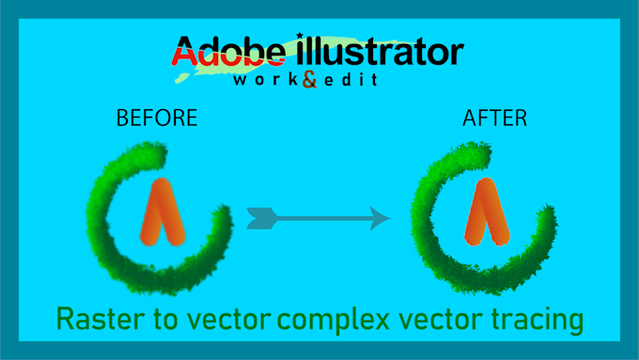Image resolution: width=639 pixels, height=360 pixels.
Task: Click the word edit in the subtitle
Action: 348,81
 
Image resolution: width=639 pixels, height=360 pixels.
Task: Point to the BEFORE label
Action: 156,118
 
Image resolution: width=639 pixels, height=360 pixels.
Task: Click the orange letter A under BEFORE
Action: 160,211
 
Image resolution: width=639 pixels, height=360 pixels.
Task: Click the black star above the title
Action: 301,36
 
